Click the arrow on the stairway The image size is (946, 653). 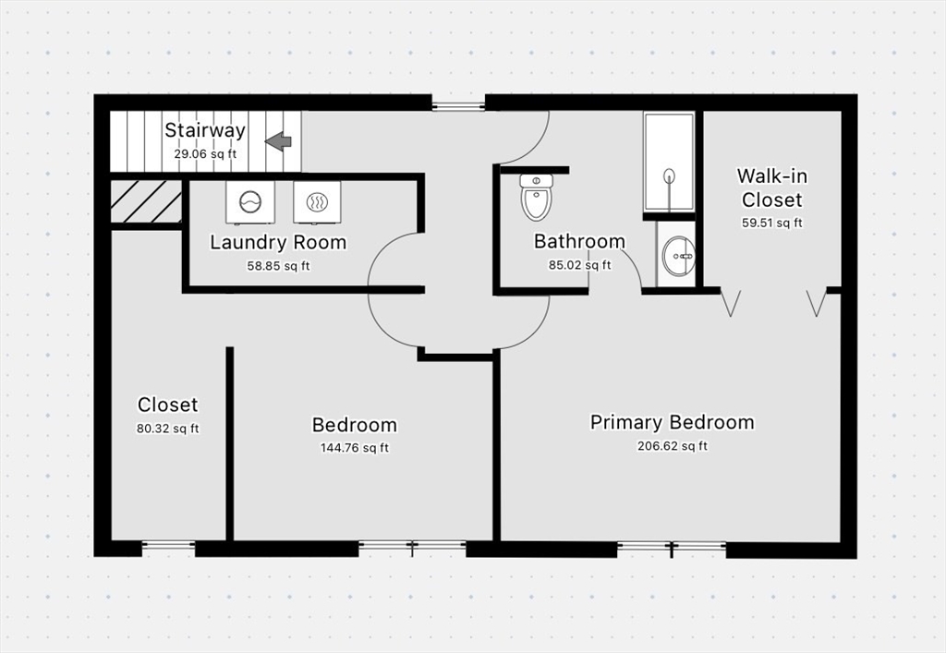278,141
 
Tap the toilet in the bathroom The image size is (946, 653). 536,197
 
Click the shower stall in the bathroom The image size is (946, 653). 668,162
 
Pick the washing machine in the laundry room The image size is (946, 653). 249,202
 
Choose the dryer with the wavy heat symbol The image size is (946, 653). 317,202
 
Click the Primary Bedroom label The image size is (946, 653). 672,422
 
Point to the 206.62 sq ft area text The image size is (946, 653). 672,446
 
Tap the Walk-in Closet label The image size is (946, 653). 771,187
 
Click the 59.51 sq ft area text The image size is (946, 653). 771,223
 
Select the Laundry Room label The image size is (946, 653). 278,243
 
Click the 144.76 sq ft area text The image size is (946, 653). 354,449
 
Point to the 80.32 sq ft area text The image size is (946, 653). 167,429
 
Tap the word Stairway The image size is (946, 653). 205,130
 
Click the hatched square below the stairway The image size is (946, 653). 146,201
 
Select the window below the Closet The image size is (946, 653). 168,547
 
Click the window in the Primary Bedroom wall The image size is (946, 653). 672,547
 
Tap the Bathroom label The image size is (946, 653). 579,242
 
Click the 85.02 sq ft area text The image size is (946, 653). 579,265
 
